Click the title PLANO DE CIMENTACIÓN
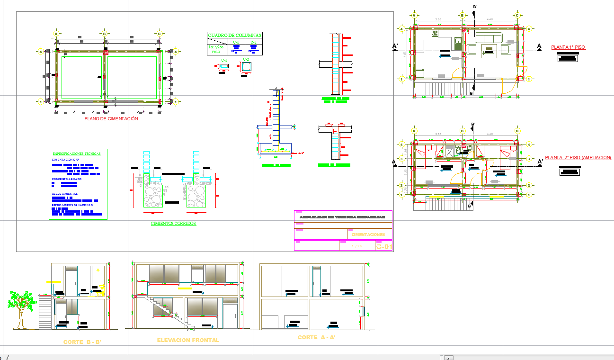tap(111, 119)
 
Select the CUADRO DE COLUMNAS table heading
tap(235, 35)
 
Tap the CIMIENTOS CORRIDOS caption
tap(173, 224)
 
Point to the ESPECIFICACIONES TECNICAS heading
tap(78, 154)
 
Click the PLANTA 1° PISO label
tap(568, 47)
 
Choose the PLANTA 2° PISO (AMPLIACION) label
tap(578, 158)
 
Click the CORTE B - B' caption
tap(82, 342)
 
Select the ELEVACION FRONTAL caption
tap(188, 340)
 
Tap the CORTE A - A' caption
tap(316, 337)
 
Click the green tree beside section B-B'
tap(20, 306)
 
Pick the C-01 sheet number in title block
tap(384, 246)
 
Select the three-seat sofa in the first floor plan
tap(489, 38)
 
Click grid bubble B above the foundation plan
tap(104, 34)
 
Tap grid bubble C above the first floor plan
tap(518, 15)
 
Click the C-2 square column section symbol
tap(246, 67)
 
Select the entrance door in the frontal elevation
tap(229, 315)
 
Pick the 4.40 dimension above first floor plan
tap(489, 19)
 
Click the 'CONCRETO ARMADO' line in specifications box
tap(66, 179)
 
